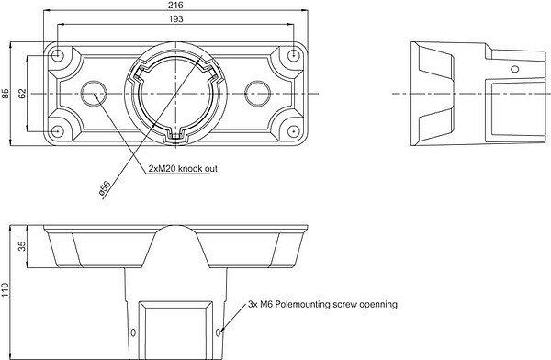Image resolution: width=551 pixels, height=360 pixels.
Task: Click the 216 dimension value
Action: coord(175,5)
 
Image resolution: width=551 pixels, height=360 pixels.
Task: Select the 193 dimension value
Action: coord(175,19)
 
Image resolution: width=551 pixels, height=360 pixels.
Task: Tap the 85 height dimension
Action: coord(5,94)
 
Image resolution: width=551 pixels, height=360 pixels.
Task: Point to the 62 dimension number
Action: coord(22,94)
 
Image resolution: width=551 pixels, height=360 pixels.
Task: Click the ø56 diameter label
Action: coord(105,187)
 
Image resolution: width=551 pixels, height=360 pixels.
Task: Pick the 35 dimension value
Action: coord(22,246)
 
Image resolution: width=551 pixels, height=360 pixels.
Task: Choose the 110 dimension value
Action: coord(5,290)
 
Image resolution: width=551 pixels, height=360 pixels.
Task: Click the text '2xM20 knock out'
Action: coord(183,169)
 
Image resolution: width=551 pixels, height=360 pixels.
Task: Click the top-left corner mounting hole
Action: coord(56,55)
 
